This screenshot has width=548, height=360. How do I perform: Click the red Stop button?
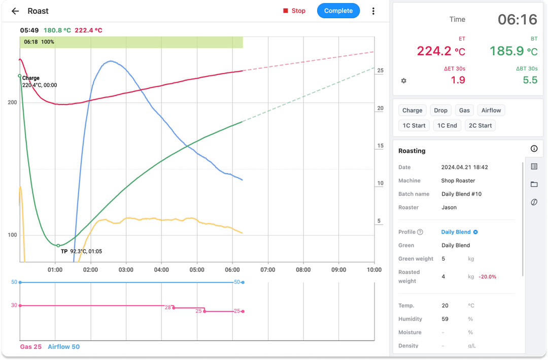pyautogui.click(x=294, y=11)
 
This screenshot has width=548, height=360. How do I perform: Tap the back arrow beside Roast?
pyautogui.click(x=15, y=11)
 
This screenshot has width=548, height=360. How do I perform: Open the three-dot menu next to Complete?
pyautogui.click(x=373, y=11)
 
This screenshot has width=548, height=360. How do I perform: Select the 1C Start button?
pyautogui.click(x=414, y=125)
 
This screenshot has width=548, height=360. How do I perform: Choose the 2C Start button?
pyautogui.click(x=480, y=125)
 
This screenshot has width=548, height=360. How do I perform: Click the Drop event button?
pyautogui.click(x=440, y=110)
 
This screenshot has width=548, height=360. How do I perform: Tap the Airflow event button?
pyautogui.click(x=491, y=110)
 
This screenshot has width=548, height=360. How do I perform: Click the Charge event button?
pyautogui.click(x=412, y=110)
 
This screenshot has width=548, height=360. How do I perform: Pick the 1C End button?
pyautogui.click(x=447, y=125)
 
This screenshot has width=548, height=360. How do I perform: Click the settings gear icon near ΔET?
pyautogui.click(x=404, y=81)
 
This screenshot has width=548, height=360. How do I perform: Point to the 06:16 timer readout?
pyautogui.click(x=517, y=20)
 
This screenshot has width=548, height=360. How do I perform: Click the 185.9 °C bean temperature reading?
pyautogui.click(x=513, y=51)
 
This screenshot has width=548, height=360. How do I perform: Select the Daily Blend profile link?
pyautogui.click(x=456, y=232)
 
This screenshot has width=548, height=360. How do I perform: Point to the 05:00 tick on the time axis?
pyautogui.click(x=197, y=270)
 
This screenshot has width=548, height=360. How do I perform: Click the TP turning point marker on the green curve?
pyautogui.click(x=58, y=245)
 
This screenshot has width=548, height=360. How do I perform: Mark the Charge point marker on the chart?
pyautogui.click(x=20, y=76)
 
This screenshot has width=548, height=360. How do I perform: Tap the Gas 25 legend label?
pyautogui.click(x=31, y=347)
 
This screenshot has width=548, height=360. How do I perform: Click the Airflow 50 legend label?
pyautogui.click(x=63, y=347)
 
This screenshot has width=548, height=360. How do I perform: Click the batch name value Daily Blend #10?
pyautogui.click(x=461, y=194)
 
